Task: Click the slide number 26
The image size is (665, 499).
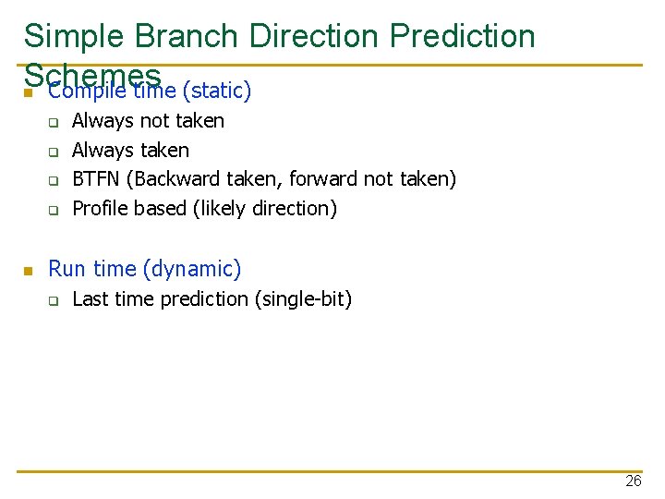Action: pos(633,481)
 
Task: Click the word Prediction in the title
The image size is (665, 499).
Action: pos(462,36)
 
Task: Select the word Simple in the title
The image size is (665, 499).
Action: pos(73,36)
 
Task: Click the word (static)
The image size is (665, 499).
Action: pos(217,91)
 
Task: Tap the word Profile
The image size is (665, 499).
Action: pos(101,209)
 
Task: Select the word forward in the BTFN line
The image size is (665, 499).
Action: pos(321,179)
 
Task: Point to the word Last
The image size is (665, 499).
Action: pos(89,299)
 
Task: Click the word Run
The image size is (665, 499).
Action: pos(66,269)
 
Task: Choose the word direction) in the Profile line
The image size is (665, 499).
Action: pos(294,209)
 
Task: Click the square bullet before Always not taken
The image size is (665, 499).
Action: pos(54,122)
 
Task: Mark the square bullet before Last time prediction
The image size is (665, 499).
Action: pos(54,300)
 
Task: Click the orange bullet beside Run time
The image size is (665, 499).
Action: pos(29,271)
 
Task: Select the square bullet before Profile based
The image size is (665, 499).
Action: pos(54,210)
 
